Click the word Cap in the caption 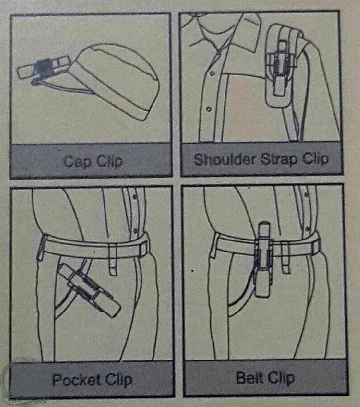coord(77,161)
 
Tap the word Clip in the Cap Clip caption coord(109,161)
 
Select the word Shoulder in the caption coord(224,159)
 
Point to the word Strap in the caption coord(279,159)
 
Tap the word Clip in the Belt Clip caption coord(281,378)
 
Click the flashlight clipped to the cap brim coord(44,68)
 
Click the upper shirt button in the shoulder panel coord(213,73)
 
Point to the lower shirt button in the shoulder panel coord(209,109)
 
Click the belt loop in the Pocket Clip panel coord(113,260)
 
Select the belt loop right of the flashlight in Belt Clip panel coord(285,259)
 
